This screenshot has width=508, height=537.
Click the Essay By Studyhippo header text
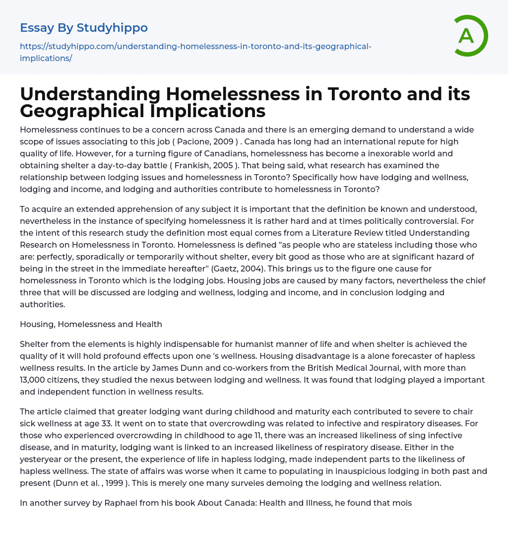coord(84,28)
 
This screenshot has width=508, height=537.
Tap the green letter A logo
coord(467,36)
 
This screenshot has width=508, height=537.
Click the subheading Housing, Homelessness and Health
coord(91,324)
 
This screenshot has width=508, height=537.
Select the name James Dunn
coord(159,368)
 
